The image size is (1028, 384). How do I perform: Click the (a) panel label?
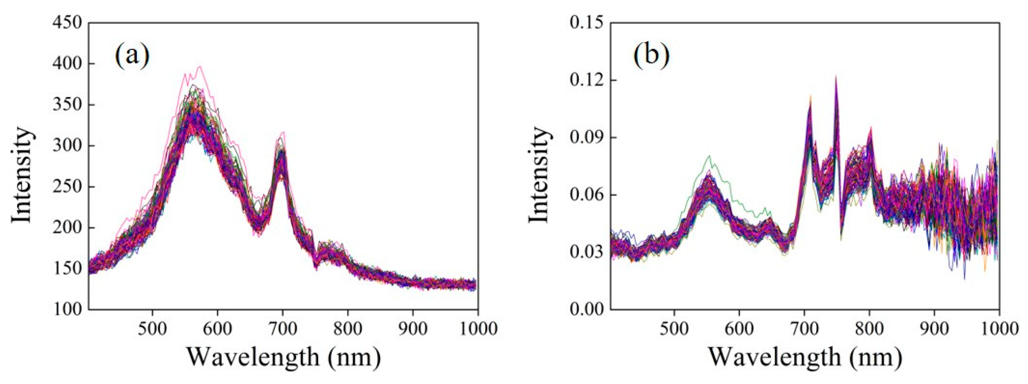pyautogui.click(x=132, y=56)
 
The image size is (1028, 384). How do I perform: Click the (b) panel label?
pyautogui.click(x=652, y=56)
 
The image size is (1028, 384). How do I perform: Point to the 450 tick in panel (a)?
pyautogui.click(x=67, y=23)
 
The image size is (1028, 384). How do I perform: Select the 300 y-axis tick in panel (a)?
pyautogui.click(x=67, y=146)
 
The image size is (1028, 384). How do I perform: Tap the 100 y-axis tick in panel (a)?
pyautogui.click(x=67, y=310)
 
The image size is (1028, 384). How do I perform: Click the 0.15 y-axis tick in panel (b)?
pyautogui.click(x=586, y=23)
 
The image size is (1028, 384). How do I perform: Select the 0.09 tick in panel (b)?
pyautogui.click(x=586, y=138)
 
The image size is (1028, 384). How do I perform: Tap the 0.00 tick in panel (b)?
pyautogui.click(x=586, y=310)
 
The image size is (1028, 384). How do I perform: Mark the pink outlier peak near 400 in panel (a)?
pyautogui.click(x=199, y=67)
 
